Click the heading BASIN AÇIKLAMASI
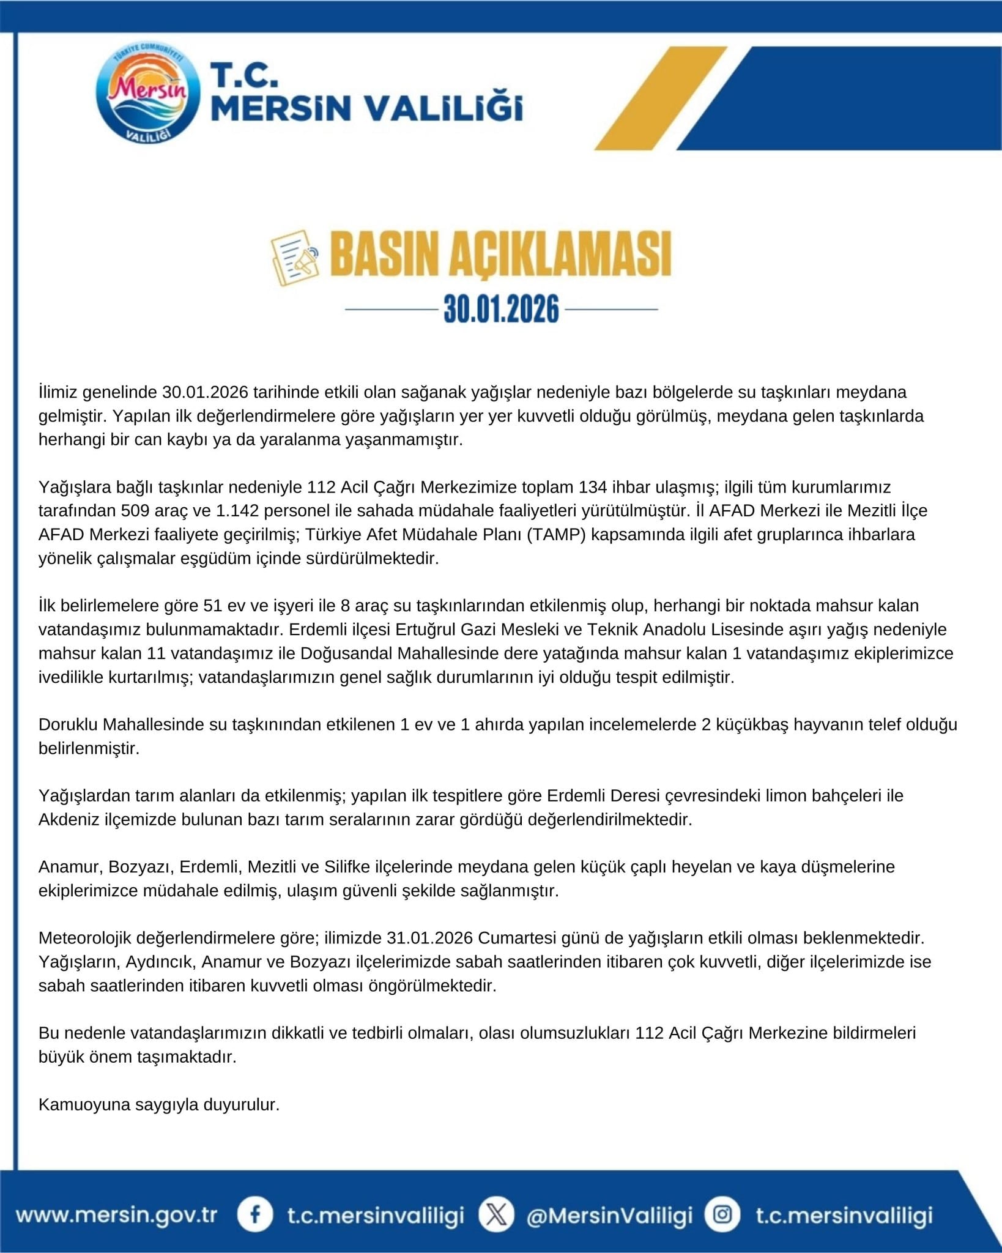(x=500, y=254)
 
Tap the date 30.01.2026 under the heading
(x=501, y=309)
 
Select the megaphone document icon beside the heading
(x=295, y=258)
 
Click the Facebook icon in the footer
(x=254, y=1214)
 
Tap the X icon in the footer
(x=496, y=1214)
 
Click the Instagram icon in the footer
(x=722, y=1214)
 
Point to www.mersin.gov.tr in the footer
(x=116, y=1214)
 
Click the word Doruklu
(x=68, y=725)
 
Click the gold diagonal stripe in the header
(x=661, y=98)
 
